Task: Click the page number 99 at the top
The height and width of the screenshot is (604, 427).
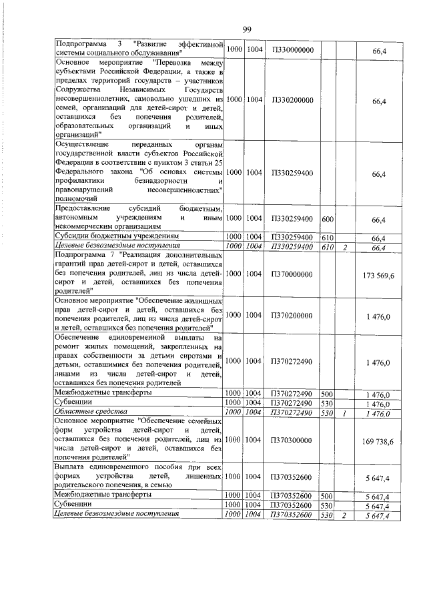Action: click(x=246, y=29)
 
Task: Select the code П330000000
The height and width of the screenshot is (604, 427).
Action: click(x=292, y=49)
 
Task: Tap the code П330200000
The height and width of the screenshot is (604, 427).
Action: click(x=292, y=99)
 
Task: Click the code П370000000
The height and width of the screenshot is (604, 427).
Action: click(x=292, y=274)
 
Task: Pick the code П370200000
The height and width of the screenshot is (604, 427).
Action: click(x=292, y=314)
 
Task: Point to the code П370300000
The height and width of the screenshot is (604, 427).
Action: click(x=292, y=441)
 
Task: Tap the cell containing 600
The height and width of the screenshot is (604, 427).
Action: click(x=327, y=219)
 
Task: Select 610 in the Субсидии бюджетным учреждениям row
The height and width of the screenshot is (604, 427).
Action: click(x=327, y=237)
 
